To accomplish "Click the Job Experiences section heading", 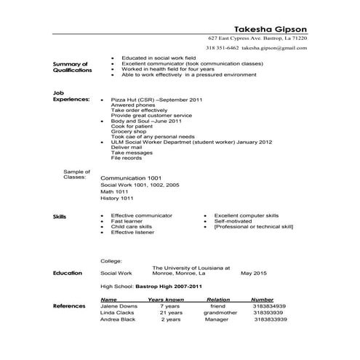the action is point(71,96).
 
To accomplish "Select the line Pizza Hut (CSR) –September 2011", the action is point(156,98).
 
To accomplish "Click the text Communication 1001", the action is point(130,178).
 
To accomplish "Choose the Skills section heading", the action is point(60,217).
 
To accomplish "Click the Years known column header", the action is point(165,299).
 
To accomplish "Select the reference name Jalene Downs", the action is point(120,306).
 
